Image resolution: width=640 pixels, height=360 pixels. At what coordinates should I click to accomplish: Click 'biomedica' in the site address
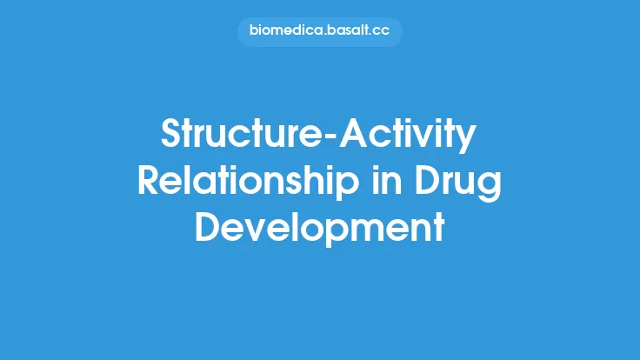pos(284,32)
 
